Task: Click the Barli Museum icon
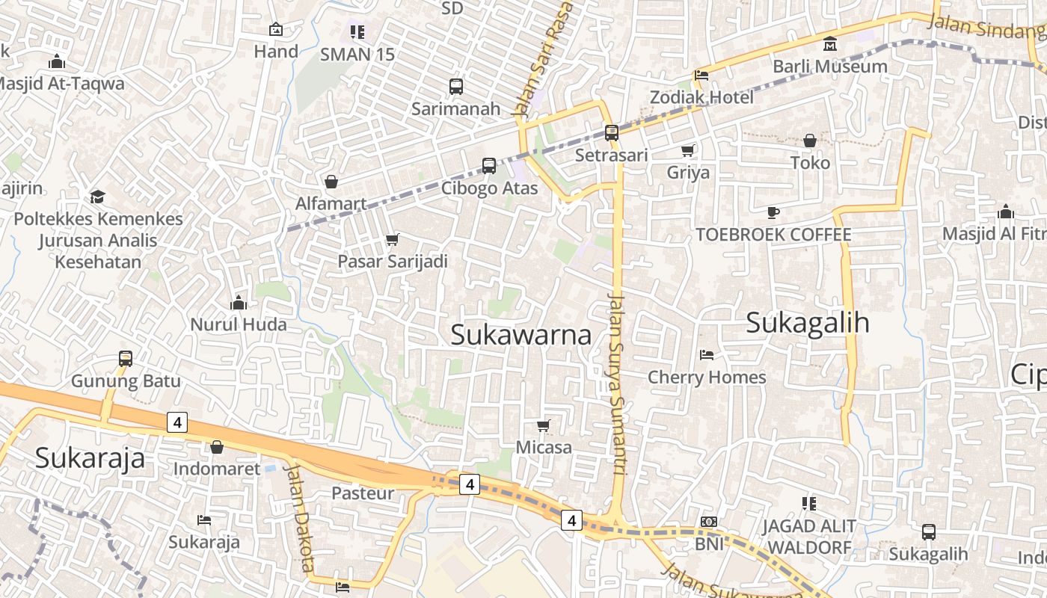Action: click(829, 44)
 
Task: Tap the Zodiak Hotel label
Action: click(701, 97)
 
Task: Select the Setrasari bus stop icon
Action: click(612, 133)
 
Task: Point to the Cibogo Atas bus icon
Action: click(489, 166)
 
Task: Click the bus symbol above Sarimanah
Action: click(456, 87)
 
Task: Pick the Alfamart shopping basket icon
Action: click(331, 182)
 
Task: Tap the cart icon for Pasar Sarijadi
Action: click(393, 240)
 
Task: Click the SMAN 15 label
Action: click(357, 55)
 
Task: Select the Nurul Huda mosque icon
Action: click(239, 303)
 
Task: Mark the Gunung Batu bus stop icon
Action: click(126, 359)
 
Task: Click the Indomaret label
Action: click(217, 469)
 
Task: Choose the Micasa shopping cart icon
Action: click(544, 426)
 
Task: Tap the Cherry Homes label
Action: click(707, 377)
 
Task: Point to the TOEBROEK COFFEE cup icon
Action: click(773, 213)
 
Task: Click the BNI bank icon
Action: click(709, 522)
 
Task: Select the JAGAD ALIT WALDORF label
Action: click(808, 537)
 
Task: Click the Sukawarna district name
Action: click(521, 335)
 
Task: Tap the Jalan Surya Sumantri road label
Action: click(617, 385)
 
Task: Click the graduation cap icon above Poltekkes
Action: click(97, 197)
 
